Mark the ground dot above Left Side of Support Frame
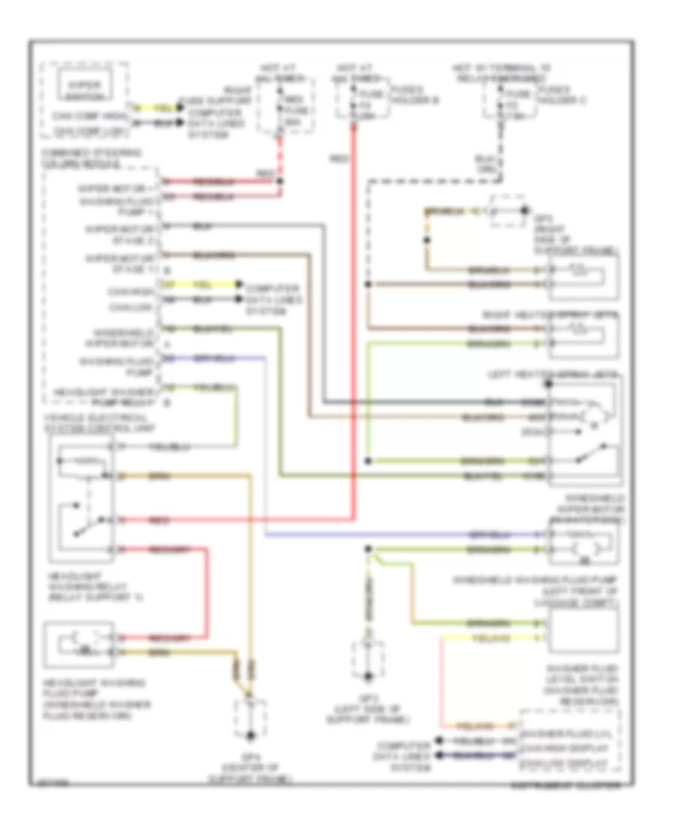[367, 549]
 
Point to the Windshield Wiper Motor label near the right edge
[585, 508]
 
